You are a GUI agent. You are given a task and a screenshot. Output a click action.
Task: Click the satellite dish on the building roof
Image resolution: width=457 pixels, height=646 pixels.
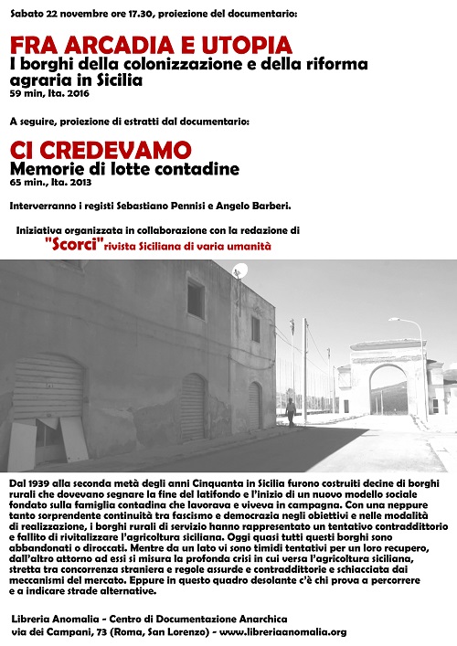(240, 270)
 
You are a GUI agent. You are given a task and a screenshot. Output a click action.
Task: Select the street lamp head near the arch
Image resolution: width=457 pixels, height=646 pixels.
(393, 320)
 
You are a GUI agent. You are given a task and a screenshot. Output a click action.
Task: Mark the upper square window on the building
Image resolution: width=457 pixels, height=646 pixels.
(197, 298)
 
